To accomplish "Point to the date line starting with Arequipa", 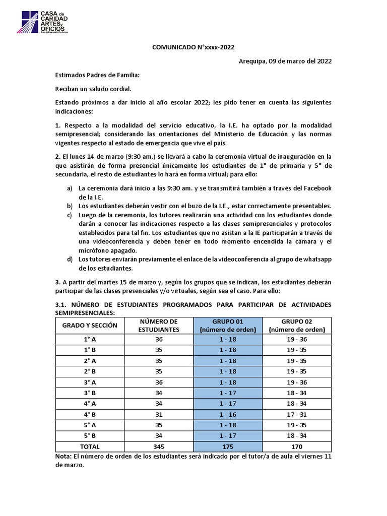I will coord(278,61).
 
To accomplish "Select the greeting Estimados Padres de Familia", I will coord(97,75).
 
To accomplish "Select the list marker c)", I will coord(69,215).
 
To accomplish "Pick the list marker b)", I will coord(69,206).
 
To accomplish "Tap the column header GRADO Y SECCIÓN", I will coord(89,326).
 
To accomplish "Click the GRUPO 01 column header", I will coord(228,326).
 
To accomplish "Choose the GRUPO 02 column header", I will coord(297,326).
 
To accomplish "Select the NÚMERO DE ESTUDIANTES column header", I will coord(159,326).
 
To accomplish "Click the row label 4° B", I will coord(89,414).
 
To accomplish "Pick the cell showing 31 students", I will coord(159,414).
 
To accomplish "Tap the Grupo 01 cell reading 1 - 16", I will coord(228,414).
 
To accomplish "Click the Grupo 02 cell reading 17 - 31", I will coord(297,414).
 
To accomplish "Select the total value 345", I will coord(159,446).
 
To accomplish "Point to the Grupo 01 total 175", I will coord(228,446).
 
